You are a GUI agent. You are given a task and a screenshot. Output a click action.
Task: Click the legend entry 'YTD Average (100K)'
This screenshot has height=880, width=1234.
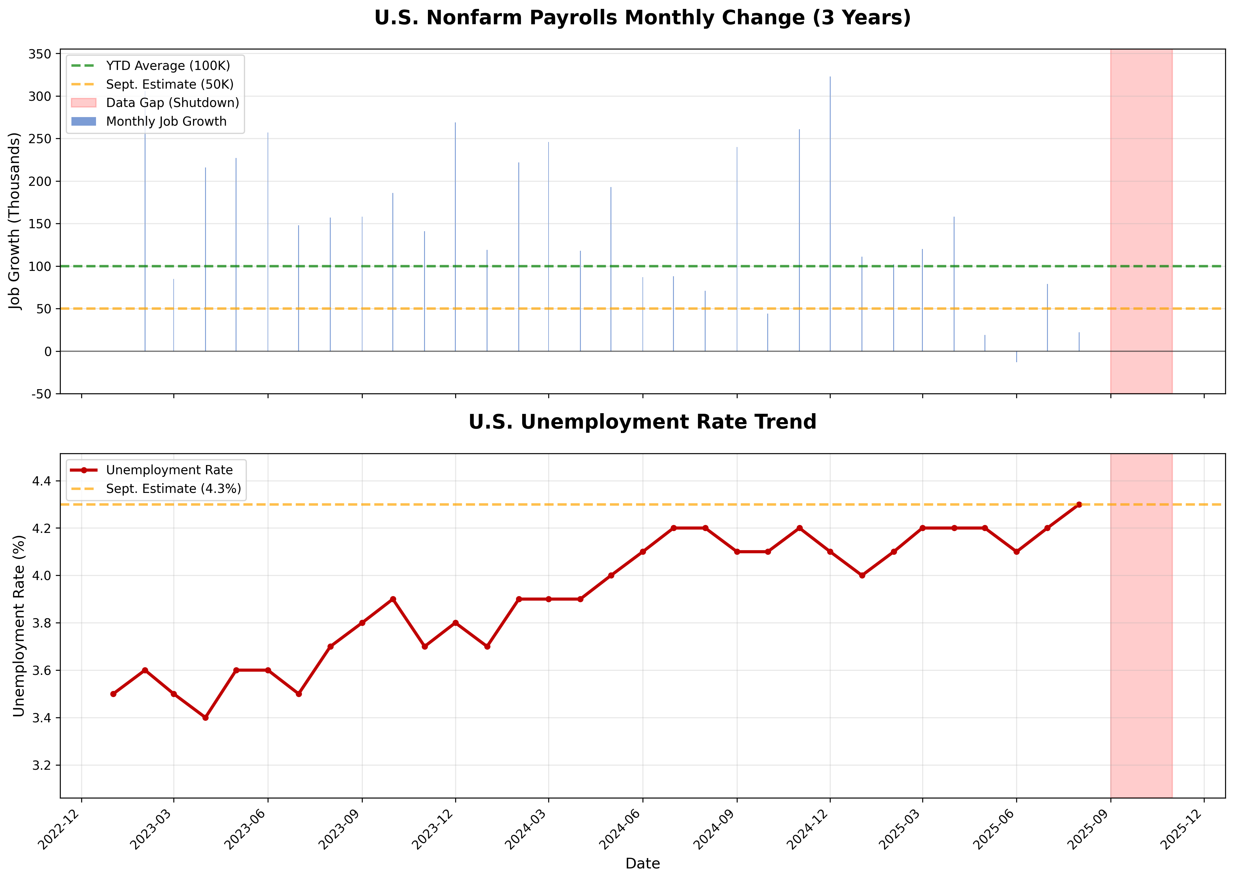[168, 66]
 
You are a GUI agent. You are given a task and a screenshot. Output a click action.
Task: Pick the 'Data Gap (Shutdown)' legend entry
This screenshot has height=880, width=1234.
[172, 103]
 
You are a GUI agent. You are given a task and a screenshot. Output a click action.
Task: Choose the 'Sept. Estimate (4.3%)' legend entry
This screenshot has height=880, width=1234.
[173, 489]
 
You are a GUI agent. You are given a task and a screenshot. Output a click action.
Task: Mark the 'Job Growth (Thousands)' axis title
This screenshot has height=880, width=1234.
[15, 221]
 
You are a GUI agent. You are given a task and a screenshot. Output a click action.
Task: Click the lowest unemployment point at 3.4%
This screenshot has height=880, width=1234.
[205, 718]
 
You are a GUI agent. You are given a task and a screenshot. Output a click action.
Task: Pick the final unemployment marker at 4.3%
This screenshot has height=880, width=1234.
[1078, 504]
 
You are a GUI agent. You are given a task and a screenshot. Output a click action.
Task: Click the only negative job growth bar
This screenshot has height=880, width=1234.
[1016, 357]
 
